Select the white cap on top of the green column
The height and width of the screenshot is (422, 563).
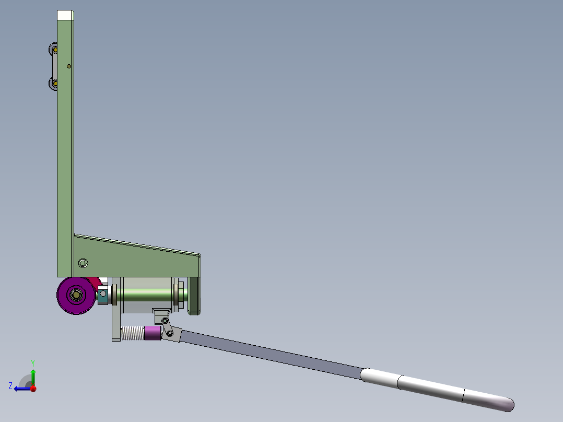point(65,15)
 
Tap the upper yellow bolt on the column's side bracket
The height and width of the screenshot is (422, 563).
point(54,50)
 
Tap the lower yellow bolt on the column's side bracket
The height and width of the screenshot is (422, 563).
point(54,84)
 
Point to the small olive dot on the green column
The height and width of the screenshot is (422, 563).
point(69,66)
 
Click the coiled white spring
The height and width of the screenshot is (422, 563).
point(132,333)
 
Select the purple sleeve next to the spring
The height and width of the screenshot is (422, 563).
point(152,333)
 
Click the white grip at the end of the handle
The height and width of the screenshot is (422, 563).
point(439,388)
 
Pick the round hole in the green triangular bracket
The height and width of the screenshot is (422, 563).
point(83,262)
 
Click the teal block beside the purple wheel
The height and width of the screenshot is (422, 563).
point(102,298)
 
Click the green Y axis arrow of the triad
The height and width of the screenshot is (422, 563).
point(33,375)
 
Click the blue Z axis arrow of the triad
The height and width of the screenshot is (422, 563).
point(21,388)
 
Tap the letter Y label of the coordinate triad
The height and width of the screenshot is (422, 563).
point(32,362)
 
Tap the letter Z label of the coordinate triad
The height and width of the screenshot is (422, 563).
point(10,385)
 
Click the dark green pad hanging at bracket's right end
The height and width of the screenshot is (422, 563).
point(194,296)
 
